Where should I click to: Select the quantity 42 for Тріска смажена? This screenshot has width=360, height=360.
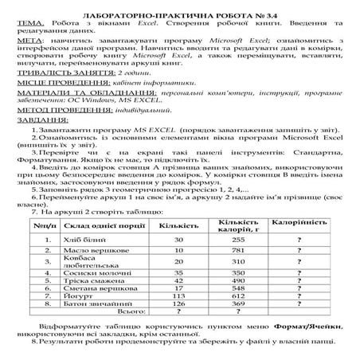[x=179, y=281]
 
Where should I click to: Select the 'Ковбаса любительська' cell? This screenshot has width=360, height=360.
[x=85, y=260]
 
